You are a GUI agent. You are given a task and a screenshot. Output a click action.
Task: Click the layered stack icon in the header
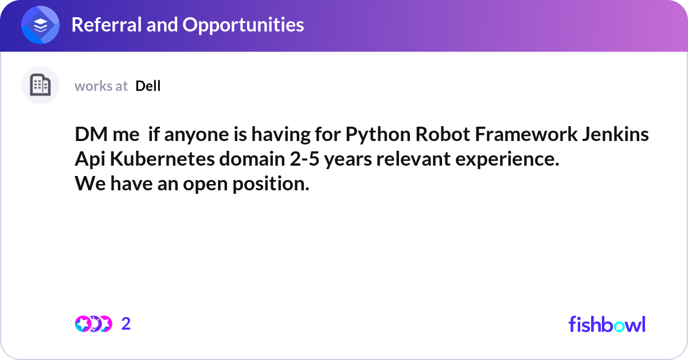tap(40, 26)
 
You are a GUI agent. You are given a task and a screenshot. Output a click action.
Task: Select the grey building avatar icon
tap(40, 85)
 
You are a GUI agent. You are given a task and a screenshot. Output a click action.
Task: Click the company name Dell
tap(148, 86)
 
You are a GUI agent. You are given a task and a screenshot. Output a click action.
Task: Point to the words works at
tap(101, 86)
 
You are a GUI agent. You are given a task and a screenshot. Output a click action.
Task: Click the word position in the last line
tap(271, 185)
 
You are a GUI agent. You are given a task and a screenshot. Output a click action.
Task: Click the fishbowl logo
tap(607, 324)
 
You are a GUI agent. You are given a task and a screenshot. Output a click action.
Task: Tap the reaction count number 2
tap(126, 324)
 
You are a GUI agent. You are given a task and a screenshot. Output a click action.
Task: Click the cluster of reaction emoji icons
tap(93, 324)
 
